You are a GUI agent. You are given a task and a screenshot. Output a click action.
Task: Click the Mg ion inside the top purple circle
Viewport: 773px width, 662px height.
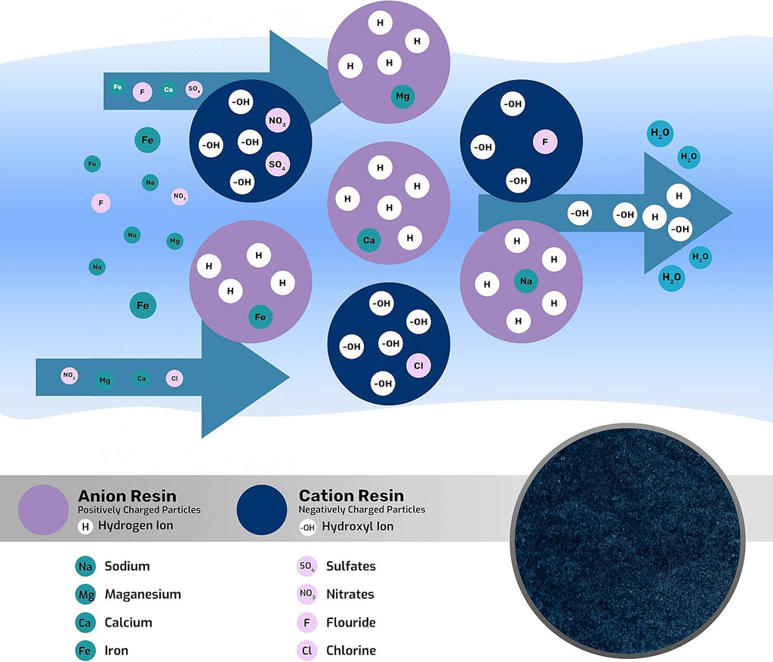click(403, 97)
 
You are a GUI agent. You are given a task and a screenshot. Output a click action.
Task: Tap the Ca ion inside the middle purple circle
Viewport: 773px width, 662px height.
click(369, 241)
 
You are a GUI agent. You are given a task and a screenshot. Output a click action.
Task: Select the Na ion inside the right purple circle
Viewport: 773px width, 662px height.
click(526, 281)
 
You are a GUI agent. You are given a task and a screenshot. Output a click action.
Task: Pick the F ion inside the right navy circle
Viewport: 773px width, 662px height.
click(545, 142)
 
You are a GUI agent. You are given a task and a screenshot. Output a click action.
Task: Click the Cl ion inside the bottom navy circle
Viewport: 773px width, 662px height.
click(418, 366)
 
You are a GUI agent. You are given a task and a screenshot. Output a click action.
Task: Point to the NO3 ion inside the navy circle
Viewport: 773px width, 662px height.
click(278, 121)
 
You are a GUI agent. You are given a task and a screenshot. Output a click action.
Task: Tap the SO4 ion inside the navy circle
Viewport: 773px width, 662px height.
click(278, 164)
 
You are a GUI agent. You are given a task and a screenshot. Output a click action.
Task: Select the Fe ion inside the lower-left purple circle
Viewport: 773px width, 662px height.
click(260, 317)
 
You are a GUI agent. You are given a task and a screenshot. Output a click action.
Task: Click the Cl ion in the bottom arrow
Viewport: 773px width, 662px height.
click(174, 379)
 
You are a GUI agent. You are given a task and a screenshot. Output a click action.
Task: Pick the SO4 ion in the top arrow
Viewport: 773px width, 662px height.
click(194, 89)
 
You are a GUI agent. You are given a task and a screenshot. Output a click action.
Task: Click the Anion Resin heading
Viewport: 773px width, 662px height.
click(127, 495)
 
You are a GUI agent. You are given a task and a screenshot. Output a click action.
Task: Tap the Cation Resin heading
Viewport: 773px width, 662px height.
click(352, 495)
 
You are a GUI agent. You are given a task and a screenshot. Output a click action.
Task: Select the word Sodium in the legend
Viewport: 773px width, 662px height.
click(127, 566)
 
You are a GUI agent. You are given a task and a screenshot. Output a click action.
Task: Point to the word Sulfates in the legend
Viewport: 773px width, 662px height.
click(351, 566)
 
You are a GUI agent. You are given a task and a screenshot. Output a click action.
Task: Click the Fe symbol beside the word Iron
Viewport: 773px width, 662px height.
click(85, 651)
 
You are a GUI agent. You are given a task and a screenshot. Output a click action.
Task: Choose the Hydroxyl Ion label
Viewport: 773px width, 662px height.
click(358, 526)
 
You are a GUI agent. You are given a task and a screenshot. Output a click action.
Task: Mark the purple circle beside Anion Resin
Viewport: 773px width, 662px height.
click(43, 510)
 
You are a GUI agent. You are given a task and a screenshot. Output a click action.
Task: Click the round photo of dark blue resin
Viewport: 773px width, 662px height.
click(627, 541)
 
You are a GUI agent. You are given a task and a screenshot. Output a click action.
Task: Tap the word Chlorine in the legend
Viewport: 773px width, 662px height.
click(351, 651)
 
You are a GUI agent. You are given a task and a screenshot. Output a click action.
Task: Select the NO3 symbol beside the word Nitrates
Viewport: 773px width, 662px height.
click(307, 595)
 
